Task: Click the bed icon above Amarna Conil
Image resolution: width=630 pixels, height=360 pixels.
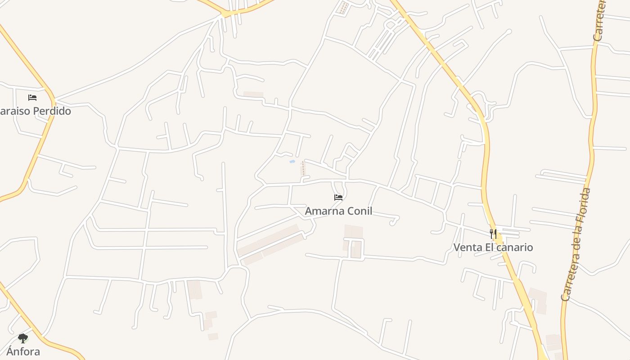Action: tap(338, 197)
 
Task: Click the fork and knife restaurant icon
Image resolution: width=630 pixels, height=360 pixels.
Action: tap(493, 234)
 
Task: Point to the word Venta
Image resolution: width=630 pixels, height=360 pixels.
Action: tap(467, 247)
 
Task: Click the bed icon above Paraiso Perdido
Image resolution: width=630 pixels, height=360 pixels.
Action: tap(32, 97)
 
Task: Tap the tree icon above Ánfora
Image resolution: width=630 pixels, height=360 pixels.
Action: tap(23, 338)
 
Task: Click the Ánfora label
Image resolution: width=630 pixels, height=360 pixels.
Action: tap(23, 351)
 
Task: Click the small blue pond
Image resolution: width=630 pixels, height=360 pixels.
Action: tap(292, 161)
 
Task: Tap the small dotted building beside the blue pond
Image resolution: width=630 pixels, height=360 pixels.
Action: tap(303, 169)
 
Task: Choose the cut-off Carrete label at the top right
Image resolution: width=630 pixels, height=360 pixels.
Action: tap(599, 20)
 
